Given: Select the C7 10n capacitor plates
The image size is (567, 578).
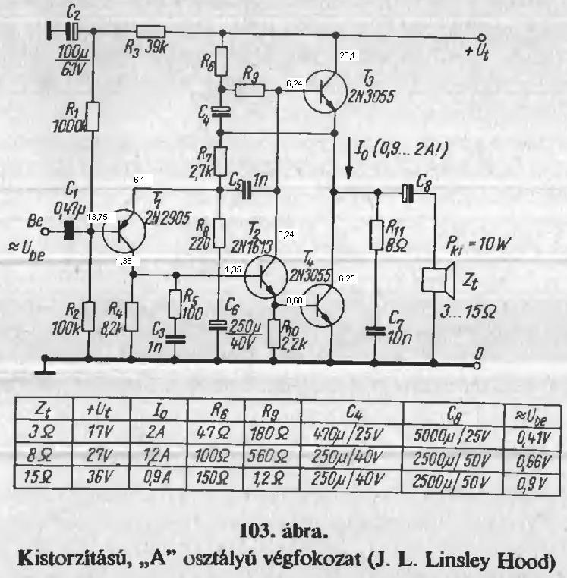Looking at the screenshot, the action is [376, 331].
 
